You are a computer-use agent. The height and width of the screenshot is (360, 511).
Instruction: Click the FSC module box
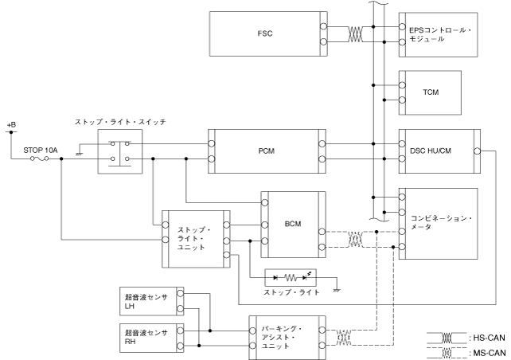(x=267, y=35)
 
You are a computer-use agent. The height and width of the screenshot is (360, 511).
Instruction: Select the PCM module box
(x=267, y=150)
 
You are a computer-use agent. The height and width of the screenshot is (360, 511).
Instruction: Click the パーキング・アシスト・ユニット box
(x=287, y=337)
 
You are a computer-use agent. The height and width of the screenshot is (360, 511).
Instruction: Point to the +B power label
(x=11, y=125)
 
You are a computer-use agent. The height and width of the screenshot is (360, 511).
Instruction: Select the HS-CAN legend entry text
(x=488, y=337)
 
